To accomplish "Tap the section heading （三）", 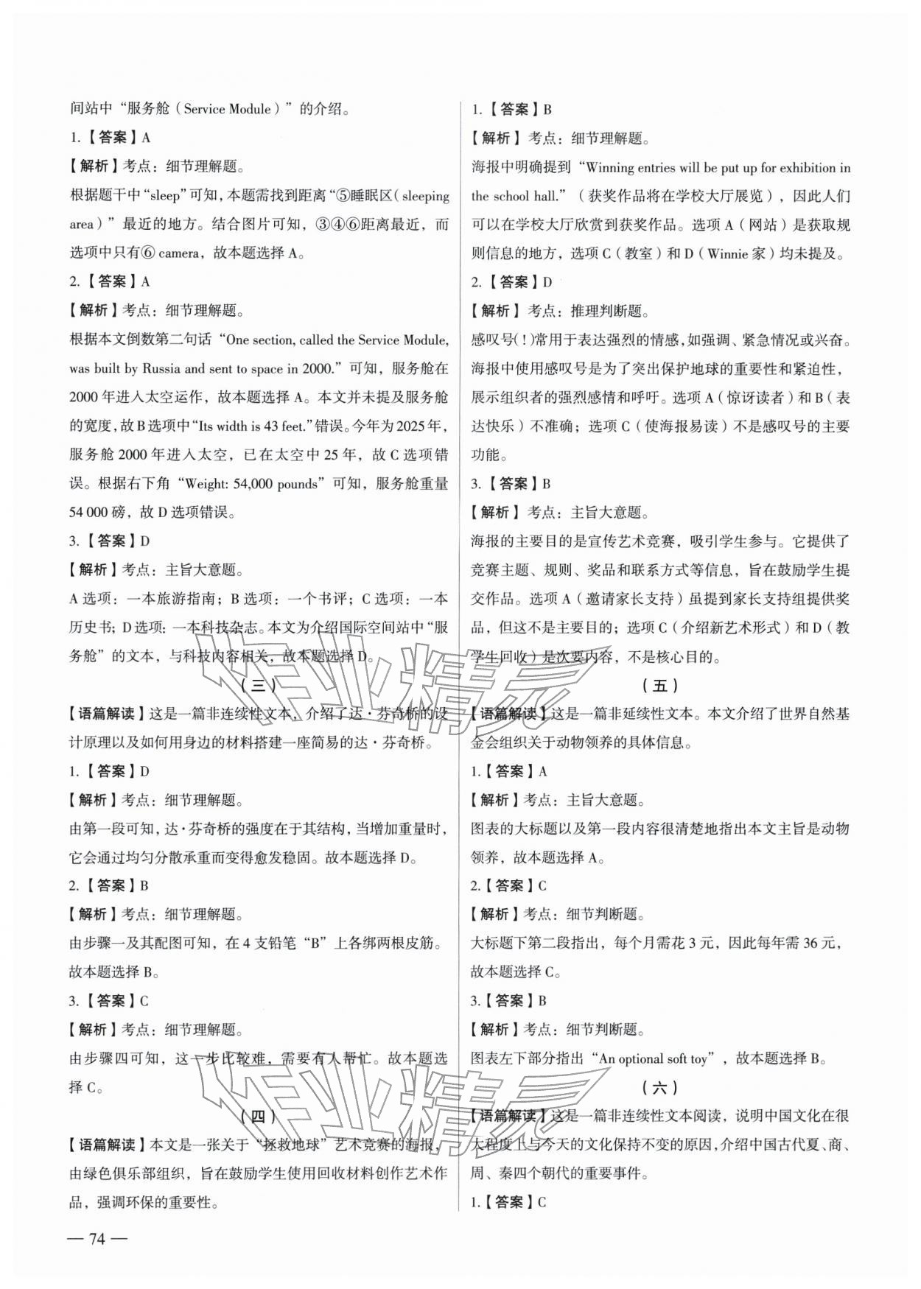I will click(258, 685).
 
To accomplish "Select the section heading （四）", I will click(258, 1116).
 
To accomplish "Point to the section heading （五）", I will click(659, 685).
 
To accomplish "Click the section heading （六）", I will click(659, 1086).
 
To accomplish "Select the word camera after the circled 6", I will click(179, 253).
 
